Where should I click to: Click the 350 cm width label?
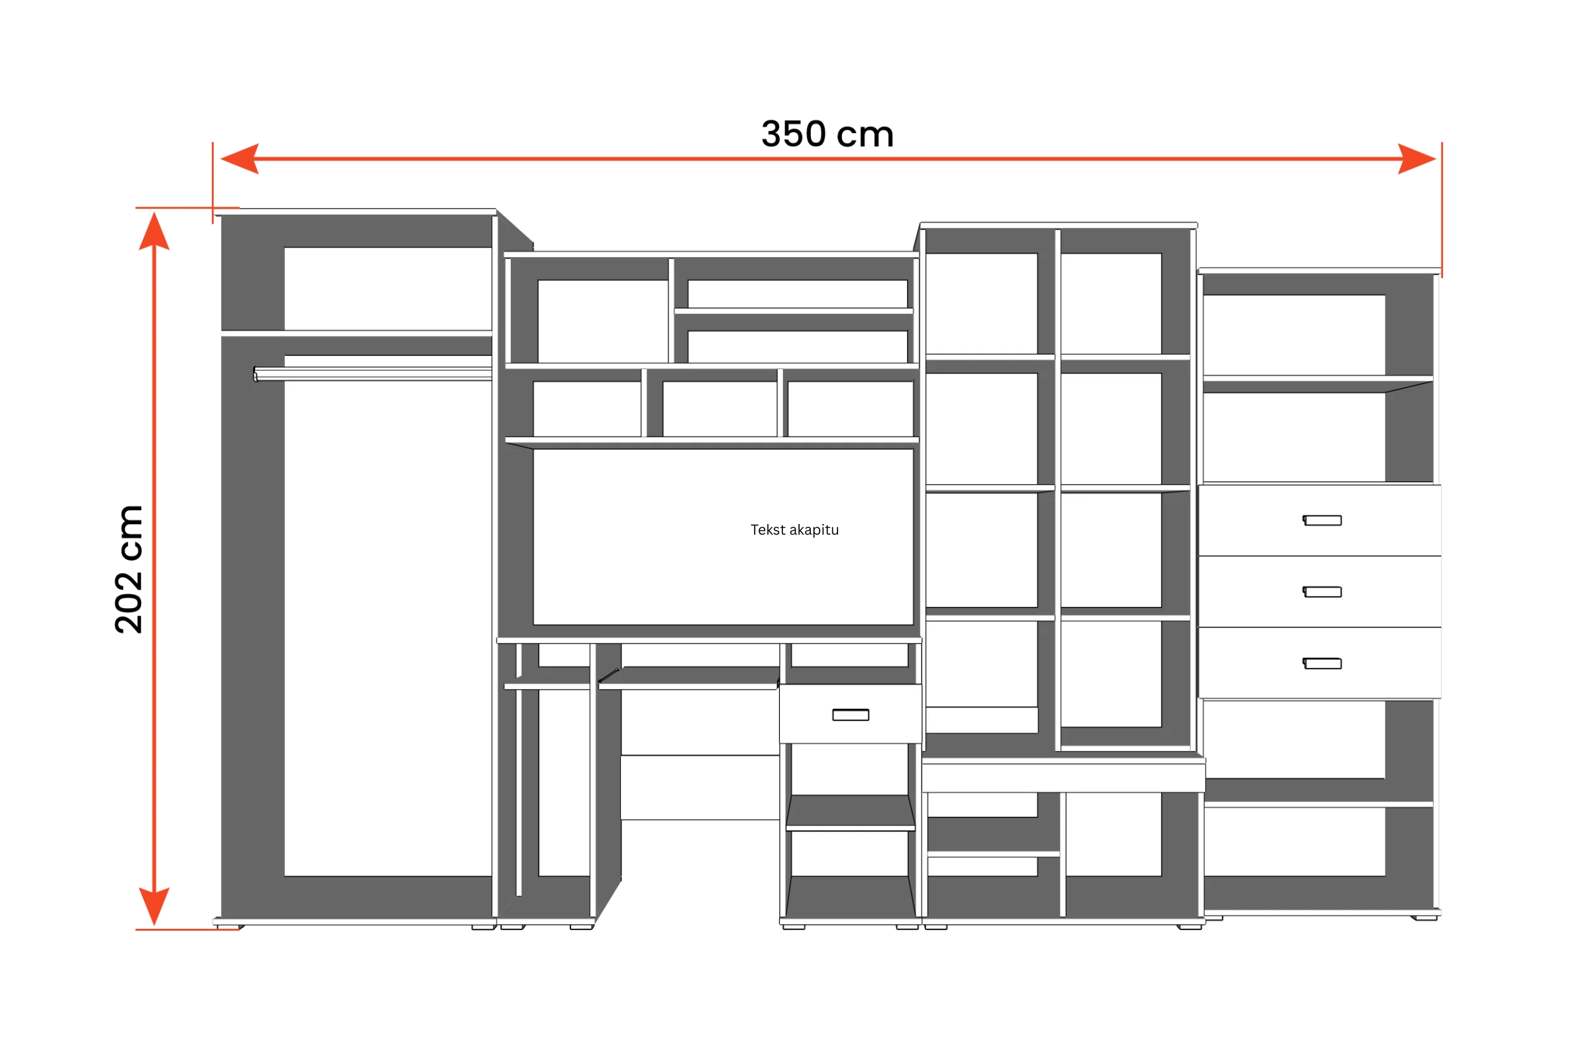tap(827, 134)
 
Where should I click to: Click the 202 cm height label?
tap(129, 569)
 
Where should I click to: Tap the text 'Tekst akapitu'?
tap(794, 530)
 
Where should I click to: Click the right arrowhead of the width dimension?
tap(1416, 159)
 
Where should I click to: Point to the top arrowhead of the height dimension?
tap(154, 231)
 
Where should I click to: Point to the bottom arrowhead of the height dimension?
tap(154, 906)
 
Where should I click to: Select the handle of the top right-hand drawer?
tap(1322, 520)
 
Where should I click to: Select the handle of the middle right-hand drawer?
tap(1322, 592)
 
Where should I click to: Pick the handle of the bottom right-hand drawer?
tap(1322, 663)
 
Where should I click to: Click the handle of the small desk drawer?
tap(851, 715)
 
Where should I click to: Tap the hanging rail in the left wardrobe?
tap(372, 374)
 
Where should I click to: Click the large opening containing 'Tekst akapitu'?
tap(723, 537)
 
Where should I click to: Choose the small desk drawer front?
tap(851, 714)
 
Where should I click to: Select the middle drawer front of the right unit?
tap(1320, 592)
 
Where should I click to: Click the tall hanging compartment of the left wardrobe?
tap(388, 615)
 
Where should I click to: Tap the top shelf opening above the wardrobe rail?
tap(388, 289)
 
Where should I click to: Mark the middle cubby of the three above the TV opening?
tap(719, 409)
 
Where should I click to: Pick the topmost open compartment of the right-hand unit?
tap(1294, 335)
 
